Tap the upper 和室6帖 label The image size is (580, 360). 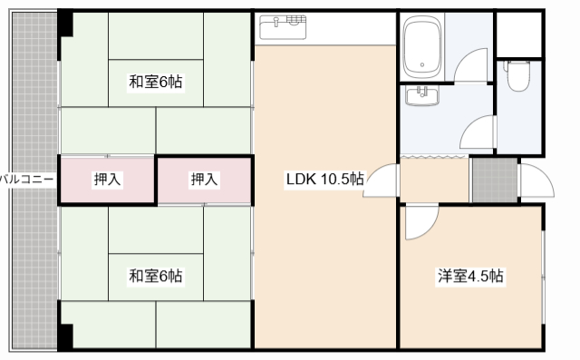[155, 83]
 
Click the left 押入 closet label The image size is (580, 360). [108, 180]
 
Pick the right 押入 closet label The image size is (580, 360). [204, 180]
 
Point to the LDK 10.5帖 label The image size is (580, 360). [324, 179]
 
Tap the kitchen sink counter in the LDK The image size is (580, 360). [283, 27]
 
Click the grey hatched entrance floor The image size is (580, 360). [494, 180]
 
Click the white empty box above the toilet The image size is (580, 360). [519, 32]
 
